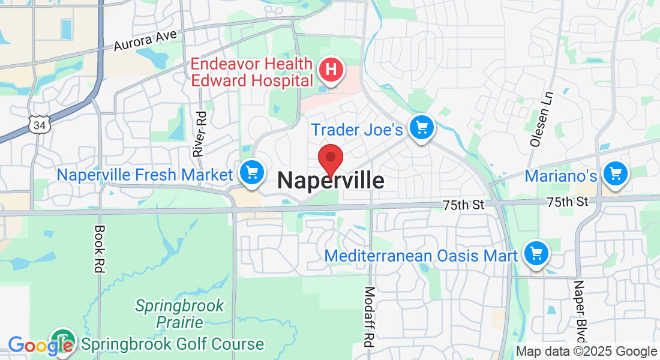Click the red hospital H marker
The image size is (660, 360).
[331, 70]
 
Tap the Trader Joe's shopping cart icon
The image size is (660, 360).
[421, 127]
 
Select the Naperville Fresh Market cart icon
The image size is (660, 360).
[252, 173]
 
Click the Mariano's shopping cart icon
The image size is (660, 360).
[615, 174]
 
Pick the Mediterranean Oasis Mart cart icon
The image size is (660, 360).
[536, 254]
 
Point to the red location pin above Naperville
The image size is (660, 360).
[330, 160]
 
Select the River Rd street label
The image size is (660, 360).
[199, 134]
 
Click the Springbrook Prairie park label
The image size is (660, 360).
[179, 314]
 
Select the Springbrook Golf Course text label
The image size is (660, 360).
[173, 344]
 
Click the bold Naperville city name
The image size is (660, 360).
[331, 181]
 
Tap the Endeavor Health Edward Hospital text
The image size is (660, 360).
[252, 71]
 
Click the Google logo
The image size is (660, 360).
[40, 345]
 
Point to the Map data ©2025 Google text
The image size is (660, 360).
[586, 352]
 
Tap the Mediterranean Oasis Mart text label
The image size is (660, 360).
[421, 256]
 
